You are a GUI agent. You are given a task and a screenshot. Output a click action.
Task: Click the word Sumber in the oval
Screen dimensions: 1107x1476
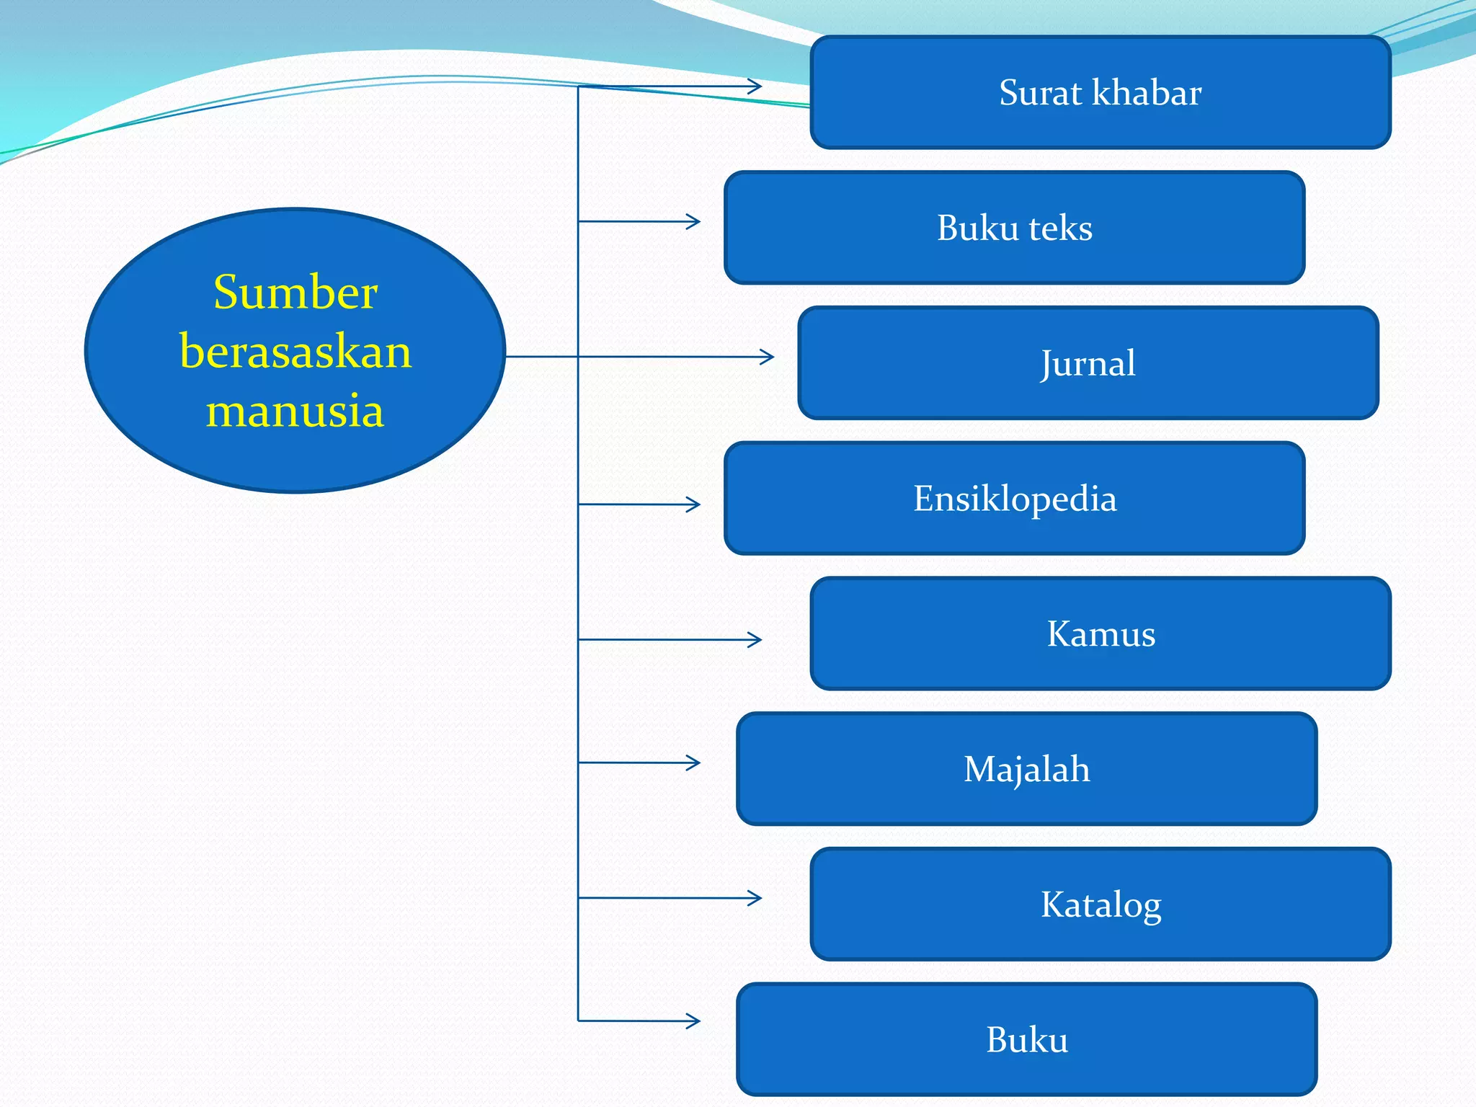295,293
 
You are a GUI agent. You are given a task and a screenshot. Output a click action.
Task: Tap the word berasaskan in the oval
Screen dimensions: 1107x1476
295,352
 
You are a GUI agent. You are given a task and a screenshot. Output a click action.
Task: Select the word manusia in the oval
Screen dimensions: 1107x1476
295,411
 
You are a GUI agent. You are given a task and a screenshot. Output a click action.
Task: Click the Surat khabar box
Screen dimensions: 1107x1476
1101,92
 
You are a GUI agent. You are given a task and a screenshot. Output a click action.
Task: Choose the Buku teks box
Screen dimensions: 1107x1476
1015,228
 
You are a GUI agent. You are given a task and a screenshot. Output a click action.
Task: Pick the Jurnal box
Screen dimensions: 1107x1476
1088,363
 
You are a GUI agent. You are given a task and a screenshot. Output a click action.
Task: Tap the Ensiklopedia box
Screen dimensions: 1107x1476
1015,499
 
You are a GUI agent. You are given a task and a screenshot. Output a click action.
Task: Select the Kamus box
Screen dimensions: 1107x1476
1101,634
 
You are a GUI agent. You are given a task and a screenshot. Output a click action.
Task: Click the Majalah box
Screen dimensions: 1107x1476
1027,769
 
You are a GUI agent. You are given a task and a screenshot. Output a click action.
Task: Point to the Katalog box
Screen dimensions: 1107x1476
1101,904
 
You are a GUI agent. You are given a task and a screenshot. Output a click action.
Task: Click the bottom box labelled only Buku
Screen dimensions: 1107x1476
1027,1040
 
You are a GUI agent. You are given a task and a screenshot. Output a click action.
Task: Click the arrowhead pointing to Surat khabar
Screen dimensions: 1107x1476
756,86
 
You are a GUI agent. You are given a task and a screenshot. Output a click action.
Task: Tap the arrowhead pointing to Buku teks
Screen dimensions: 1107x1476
694,221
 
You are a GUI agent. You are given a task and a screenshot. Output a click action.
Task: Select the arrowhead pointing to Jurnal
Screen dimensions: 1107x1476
768,357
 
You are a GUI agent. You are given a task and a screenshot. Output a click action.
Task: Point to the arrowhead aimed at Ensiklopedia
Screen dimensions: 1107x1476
694,504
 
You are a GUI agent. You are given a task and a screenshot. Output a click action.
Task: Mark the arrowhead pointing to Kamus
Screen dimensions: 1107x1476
756,640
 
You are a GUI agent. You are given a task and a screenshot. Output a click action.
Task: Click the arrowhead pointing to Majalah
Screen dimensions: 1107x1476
694,763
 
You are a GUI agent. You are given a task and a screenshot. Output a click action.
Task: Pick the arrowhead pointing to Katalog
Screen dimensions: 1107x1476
756,898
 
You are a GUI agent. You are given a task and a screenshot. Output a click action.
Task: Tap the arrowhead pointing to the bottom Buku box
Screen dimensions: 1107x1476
694,1021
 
